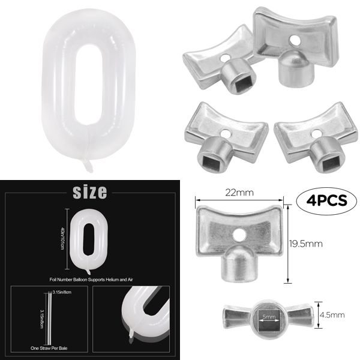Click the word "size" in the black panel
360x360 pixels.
pyautogui.click(x=89, y=192)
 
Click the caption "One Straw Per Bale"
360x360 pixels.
pyautogui.click(x=50, y=347)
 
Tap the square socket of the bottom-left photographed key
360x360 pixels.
pyautogui.click(x=217, y=157)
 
